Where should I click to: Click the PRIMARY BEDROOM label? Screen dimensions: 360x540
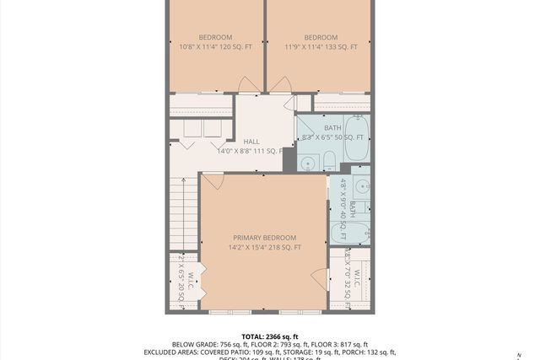265,238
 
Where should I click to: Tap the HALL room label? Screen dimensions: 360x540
251,142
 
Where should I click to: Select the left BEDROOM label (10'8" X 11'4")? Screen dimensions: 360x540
215,37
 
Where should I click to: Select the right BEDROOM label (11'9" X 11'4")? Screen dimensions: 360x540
321,37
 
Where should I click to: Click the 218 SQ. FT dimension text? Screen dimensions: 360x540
286,247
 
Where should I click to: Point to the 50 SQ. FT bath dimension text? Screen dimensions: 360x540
348,137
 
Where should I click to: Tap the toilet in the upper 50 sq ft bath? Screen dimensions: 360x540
331,161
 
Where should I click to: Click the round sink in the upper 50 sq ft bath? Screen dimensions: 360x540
309,160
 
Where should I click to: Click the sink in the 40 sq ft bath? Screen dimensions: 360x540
360,186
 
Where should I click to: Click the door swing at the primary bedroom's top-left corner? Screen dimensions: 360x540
213,180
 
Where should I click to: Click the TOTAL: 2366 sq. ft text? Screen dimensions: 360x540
270,336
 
